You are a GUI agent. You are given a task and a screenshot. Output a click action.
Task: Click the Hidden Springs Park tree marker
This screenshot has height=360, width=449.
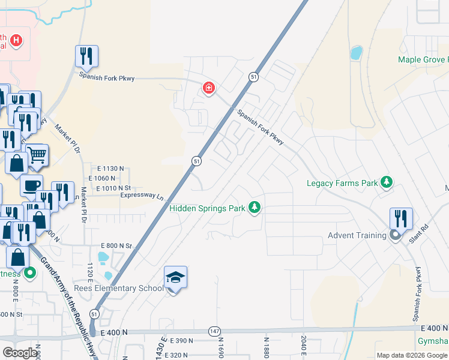point(256,208)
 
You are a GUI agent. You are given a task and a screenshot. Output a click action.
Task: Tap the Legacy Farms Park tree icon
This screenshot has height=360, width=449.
point(387,182)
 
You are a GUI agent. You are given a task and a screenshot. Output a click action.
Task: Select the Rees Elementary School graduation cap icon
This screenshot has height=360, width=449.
point(175,278)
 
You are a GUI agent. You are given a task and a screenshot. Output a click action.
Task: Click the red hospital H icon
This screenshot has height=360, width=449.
point(17,41)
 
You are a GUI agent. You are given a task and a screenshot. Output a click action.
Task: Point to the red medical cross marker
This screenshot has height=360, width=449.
point(208,89)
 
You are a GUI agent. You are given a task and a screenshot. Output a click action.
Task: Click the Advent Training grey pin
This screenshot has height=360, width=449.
point(395,235)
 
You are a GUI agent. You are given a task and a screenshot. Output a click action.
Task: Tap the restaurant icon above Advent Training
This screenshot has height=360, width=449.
point(401,218)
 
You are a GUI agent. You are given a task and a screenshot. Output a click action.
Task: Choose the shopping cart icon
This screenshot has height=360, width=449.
point(37,155)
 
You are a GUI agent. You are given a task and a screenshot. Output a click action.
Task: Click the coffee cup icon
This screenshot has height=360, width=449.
point(31,185)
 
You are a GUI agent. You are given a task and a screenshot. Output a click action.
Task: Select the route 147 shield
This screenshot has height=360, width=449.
point(215,331)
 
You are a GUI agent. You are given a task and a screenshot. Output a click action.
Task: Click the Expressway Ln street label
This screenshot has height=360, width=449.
point(142,196)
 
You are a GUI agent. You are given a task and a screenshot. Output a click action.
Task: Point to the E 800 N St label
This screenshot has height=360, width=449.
point(116,245)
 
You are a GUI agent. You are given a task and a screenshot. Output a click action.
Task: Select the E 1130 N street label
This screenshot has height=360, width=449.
point(107,169)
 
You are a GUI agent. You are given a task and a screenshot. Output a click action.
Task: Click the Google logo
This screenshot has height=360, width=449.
point(20,353)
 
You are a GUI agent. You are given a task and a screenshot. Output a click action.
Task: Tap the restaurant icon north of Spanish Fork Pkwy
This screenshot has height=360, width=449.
point(86,56)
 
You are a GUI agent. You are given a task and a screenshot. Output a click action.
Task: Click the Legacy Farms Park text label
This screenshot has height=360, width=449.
point(342,183)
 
